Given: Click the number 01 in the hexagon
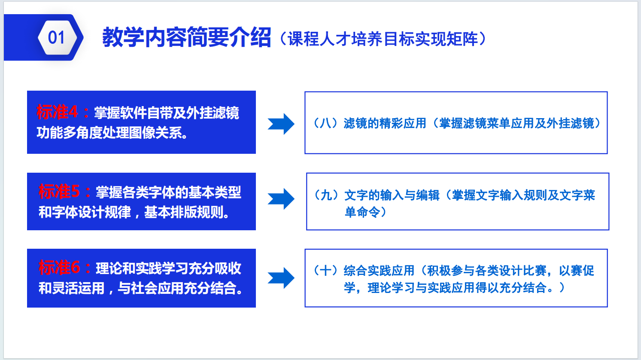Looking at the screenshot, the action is (56, 37).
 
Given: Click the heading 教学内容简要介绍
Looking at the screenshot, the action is (187, 37).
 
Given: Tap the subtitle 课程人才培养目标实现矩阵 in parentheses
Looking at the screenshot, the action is (383, 39).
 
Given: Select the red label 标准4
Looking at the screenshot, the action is (57, 112).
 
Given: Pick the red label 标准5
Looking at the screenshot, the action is (59, 191).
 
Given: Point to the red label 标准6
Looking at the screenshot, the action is (59, 268).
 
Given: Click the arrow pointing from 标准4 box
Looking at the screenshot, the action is (281, 124).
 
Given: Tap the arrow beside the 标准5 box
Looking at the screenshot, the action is (281, 199).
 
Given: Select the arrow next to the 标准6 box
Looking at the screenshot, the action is (281, 278).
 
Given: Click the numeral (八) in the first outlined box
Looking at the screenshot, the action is (326, 123).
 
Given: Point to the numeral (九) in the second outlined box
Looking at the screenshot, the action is (326, 195).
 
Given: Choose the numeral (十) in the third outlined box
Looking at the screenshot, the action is (326, 270).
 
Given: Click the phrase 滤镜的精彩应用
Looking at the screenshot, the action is (385, 123).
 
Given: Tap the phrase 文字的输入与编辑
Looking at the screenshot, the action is (392, 195).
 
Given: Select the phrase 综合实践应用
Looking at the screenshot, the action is (379, 270).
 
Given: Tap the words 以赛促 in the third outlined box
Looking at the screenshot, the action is (577, 270).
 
